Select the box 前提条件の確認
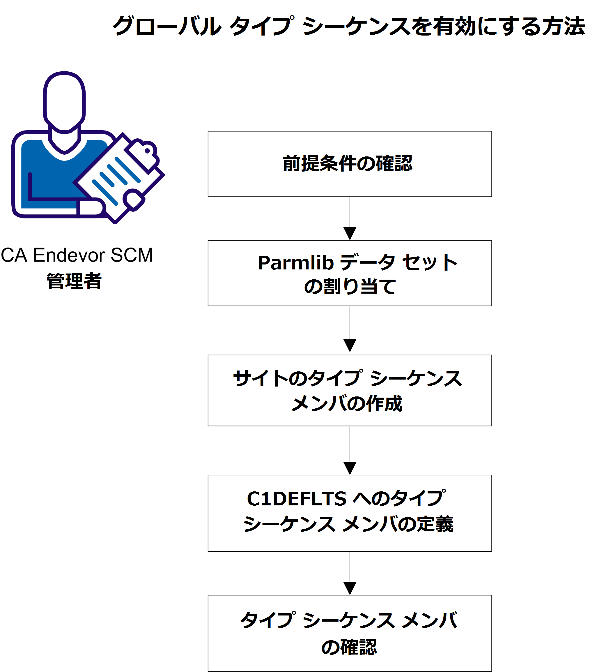click(350, 164)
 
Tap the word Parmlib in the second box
click(295, 263)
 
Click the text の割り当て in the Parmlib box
click(350, 286)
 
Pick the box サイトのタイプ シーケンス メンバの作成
click(350, 390)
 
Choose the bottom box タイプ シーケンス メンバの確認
click(350, 633)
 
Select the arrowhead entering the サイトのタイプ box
click(350, 345)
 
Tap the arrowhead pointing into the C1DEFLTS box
click(350, 468)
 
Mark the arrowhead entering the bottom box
click(350, 588)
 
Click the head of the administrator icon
click(64, 100)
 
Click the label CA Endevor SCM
click(77, 255)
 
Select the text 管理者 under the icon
click(74, 281)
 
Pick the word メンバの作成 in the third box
click(347, 403)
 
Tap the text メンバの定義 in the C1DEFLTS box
click(398, 524)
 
